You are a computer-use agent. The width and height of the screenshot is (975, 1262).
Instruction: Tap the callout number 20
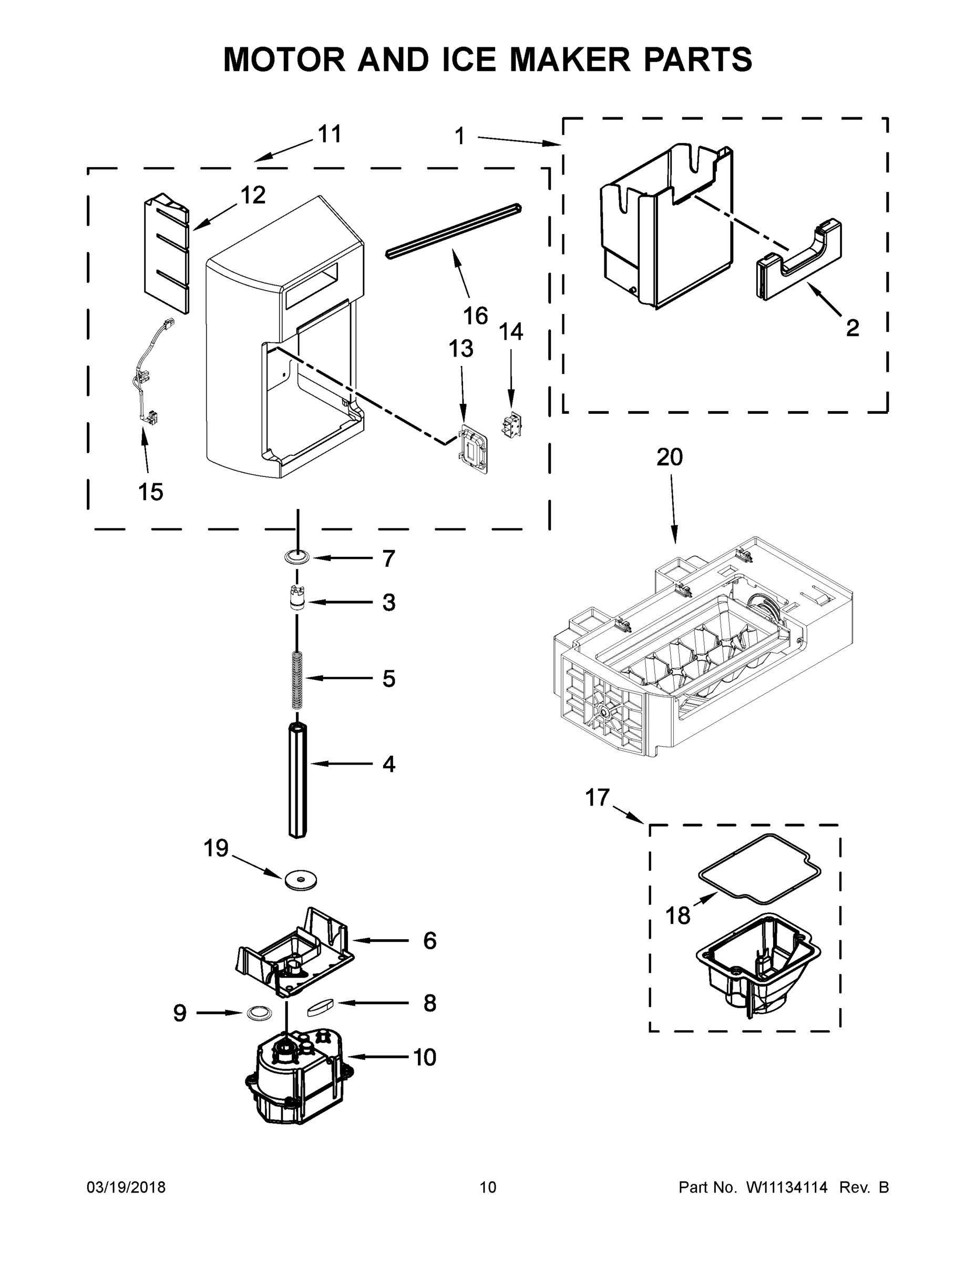pyautogui.click(x=670, y=457)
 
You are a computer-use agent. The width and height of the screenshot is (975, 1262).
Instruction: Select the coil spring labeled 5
pyautogui.click(x=297, y=679)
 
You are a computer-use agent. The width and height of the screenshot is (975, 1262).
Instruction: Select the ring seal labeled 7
pyautogui.click(x=297, y=557)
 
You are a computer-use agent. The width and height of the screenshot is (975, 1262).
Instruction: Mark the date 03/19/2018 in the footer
pyautogui.click(x=126, y=1187)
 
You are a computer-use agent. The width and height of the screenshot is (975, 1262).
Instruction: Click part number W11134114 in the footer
pyautogui.click(x=787, y=1187)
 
